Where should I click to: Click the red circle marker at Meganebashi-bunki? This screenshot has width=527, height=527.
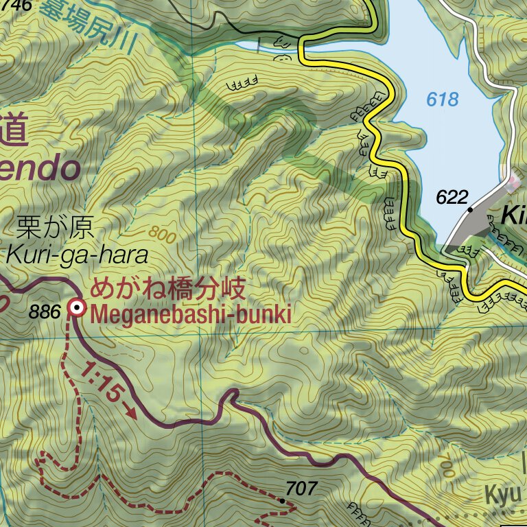click(78, 309)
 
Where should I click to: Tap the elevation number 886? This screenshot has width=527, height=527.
click(45, 312)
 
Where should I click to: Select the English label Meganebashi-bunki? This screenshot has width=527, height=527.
click(191, 315)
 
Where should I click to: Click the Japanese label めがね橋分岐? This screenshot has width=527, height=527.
click(167, 289)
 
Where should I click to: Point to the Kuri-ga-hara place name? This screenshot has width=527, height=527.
click(77, 255)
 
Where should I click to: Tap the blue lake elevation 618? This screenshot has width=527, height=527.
click(442, 99)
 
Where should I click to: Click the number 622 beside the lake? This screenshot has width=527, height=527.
click(452, 198)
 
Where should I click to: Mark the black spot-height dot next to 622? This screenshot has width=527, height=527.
click(471, 207)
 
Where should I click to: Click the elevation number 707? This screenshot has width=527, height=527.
click(301, 489)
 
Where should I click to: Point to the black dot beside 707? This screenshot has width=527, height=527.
click(282, 501)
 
